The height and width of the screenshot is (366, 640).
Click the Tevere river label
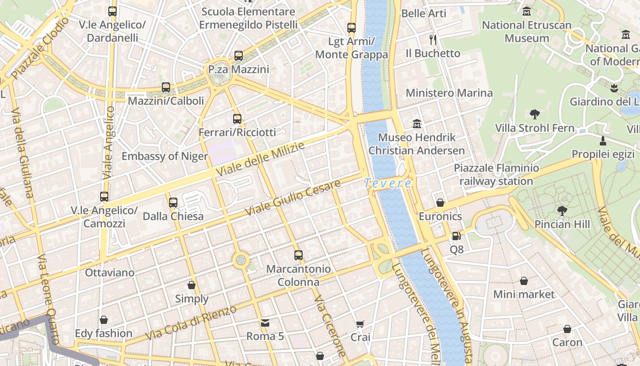click(x=388, y=183)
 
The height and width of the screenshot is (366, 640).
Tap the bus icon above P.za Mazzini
click(x=238, y=56)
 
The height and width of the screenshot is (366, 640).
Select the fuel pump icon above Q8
click(x=456, y=236)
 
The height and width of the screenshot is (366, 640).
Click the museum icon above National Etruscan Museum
click(x=527, y=11)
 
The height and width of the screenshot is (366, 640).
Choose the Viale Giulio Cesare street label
click(x=293, y=198)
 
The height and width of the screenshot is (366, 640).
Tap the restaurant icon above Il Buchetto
click(x=433, y=40)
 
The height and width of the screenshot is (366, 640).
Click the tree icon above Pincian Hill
click(x=562, y=210)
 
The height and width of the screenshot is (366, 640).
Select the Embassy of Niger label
click(x=165, y=156)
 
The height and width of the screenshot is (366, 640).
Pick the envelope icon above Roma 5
click(x=265, y=323)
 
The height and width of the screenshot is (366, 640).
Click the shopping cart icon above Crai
click(x=360, y=324)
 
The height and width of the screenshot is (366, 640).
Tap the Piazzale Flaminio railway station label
click(x=496, y=175)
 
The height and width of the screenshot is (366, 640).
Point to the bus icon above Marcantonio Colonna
click(x=299, y=255)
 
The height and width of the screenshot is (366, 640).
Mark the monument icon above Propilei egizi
click(x=603, y=140)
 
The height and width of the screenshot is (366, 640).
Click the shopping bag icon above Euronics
click(x=440, y=202)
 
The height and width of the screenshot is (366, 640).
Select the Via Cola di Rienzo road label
click(x=191, y=323)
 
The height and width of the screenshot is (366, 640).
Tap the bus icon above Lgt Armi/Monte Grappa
click(x=351, y=28)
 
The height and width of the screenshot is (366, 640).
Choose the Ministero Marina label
click(x=449, y=93)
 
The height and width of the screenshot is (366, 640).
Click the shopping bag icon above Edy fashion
click(x=104, y=320)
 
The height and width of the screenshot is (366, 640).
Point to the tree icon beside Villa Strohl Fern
click(x=534, y=114)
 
